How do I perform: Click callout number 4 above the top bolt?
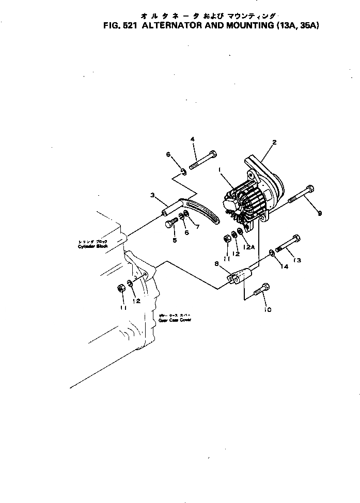(x=192, y=139)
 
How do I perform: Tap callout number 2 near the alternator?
(x=274, y=142)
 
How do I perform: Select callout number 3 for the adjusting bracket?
(x=152, y=195)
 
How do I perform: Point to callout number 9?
(x=319, y=212)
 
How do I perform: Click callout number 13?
(x=298, y=261)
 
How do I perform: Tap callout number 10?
(x=268, y=309)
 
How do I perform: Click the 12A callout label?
(x=249, y=247)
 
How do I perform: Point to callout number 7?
(x=197, y=227)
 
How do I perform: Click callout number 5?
(x=175, y=240)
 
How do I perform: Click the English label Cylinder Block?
(x=85, y=247)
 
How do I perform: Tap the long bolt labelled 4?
(x=202, y=160)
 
